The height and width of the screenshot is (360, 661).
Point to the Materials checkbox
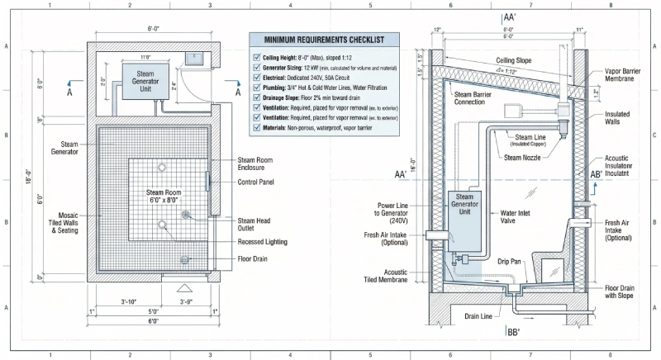256,128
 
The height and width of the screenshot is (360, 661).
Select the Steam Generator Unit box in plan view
144,79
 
